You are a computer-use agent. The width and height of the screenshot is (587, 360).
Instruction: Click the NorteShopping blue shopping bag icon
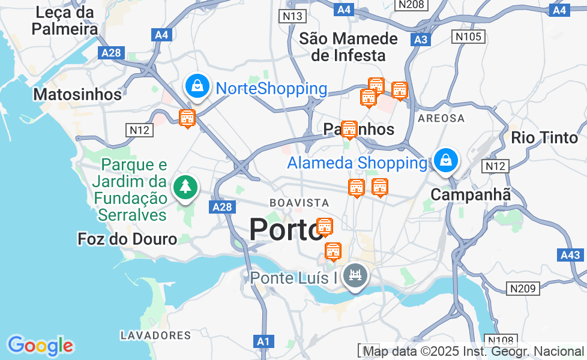coord(197,87)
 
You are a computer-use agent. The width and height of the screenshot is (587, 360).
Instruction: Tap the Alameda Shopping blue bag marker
coord(446,161)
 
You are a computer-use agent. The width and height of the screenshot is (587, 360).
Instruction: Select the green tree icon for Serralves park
coord(185,187)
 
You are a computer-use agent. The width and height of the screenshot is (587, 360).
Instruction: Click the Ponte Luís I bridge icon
coord(355,277)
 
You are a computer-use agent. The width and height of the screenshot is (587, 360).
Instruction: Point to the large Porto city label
coord(285,230)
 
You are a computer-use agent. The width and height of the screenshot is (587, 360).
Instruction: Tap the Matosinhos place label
coord(77,94)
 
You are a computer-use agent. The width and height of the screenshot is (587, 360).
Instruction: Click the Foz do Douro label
coord(127,239)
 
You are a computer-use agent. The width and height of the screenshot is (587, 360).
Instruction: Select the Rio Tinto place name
coord(544,137)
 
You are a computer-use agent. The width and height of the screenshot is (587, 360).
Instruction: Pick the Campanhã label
coord(471,194)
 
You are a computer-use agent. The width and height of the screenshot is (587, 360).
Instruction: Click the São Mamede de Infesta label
coord(348,47)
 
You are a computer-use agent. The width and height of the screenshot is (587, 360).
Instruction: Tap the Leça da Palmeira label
coord(65,20)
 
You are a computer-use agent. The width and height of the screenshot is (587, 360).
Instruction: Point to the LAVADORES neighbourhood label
coord(155,335)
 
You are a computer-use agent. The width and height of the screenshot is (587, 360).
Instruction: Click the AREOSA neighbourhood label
coord(441,118)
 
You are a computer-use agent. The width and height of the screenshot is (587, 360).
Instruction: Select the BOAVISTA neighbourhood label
coord(299,203)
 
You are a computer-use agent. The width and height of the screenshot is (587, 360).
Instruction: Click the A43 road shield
coord(570,255)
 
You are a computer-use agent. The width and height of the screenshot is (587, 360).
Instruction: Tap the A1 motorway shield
coord(263,341)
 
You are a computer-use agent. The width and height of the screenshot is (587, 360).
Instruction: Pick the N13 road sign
coord(292,16)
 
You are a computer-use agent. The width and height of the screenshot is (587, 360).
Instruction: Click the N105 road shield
coord(468,37)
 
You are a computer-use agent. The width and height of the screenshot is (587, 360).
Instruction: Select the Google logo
coord(40,346)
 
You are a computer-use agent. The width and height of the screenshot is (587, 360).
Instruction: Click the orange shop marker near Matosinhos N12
coord(187,118)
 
